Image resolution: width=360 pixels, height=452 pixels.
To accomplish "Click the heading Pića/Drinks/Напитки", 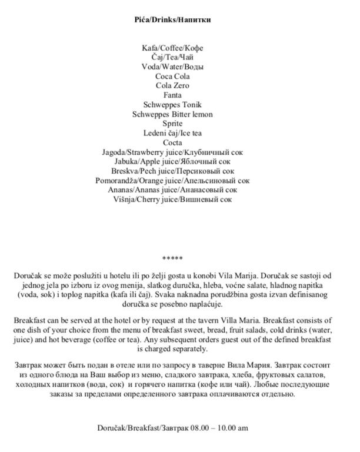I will pos(172,19).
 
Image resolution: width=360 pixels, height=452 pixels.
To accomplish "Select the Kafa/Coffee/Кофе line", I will pos(172,48).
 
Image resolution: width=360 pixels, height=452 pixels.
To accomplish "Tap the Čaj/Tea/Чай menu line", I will pos(172,57).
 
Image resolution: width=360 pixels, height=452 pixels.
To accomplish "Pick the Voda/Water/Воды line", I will pos(172,67).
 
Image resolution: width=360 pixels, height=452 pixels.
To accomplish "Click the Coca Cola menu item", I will pos(172,76).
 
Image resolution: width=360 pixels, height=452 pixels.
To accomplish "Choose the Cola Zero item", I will pos(172,85).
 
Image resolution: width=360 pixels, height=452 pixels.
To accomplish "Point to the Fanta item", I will pos(172,95).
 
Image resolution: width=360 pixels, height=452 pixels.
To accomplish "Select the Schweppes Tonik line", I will pos(172,105).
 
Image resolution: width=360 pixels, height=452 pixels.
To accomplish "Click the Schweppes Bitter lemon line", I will pos(172,114).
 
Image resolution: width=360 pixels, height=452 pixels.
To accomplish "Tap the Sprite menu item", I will pos(172,124).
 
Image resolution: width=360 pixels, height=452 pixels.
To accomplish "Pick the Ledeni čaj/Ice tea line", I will pos(172,133).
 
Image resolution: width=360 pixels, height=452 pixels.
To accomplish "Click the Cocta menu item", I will pos(172,142).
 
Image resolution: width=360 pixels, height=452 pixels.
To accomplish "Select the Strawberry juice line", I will pos(172,152).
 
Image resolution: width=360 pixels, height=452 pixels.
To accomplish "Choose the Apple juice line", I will pos(172,161).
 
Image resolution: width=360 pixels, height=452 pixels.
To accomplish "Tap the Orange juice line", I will pos(172,180).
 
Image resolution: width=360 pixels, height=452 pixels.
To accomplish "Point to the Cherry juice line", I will pos(172,200).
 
